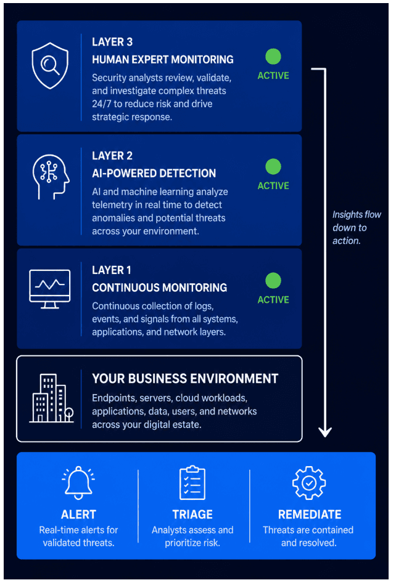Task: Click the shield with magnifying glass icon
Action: (x=50, y=65)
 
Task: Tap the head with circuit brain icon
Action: (x=51, y=177)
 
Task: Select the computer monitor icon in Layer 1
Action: (x=49, y=289)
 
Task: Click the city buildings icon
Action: (x=51, y=398)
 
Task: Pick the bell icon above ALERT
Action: (x=78, y=483)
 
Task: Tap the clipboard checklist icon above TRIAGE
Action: (x=192, y=483)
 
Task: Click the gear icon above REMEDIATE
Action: (x=309, y=483)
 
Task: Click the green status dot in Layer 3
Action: (x=273, y=57)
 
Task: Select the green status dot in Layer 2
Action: (x=273, y=167)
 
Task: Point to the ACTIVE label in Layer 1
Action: (x=273, y=300)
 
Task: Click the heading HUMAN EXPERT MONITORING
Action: (x=163, y=60)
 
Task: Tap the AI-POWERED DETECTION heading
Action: (x=154, y=174)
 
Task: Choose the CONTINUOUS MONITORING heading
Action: (x=160, y=288)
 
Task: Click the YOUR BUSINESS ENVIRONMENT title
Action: (x=185, y=379)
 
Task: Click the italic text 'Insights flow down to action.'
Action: (x=357, y=227)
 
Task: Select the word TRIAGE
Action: (x=192, y=515)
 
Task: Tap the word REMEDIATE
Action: (x=310, y=515)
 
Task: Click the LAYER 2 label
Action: (x=112, y=156)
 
